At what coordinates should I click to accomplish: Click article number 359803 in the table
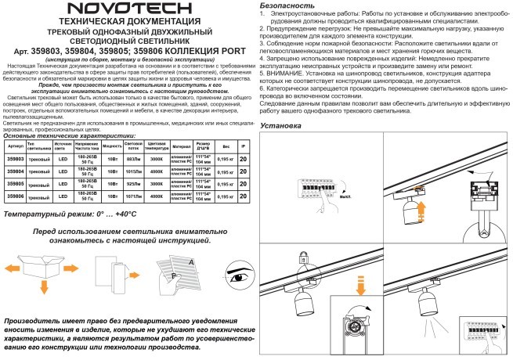(15, 159)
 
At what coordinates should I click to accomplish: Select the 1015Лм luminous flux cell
(133, 171)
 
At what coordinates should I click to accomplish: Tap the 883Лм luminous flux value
(133, 159)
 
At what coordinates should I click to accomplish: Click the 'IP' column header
(243, 146)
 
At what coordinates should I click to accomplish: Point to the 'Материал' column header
(182, 146)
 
